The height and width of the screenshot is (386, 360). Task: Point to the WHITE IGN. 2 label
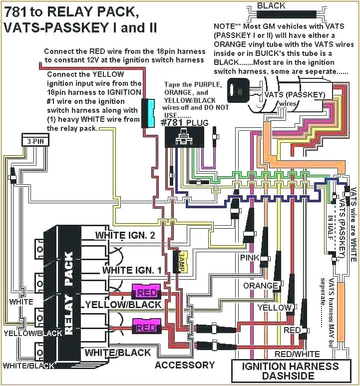(125, 235)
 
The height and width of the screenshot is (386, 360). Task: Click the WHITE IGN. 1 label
(132, 270)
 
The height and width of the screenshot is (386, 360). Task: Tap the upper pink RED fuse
(146, 292)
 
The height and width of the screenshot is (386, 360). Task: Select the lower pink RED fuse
(146, 328)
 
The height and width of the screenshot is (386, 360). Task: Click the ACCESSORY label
(185, 365)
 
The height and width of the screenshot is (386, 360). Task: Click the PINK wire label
(250, 258)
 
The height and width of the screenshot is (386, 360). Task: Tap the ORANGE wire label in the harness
(260, 286)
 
